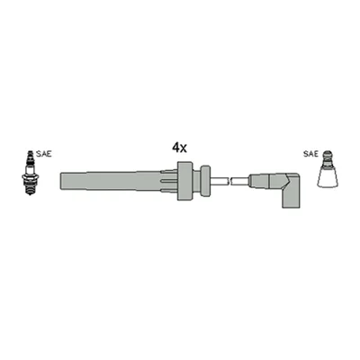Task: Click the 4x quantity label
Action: click(179, 148)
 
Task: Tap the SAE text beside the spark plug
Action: click(44, 154)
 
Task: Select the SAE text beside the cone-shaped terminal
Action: click(310, 154)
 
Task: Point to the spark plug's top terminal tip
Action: click(30, 152)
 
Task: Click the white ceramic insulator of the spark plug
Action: click(30, 169)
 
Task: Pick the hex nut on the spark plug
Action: click(30, 177)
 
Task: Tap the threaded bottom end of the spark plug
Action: click(30, 190)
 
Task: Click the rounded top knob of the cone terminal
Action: click(328, 157)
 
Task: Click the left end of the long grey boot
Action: click(61, 181)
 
